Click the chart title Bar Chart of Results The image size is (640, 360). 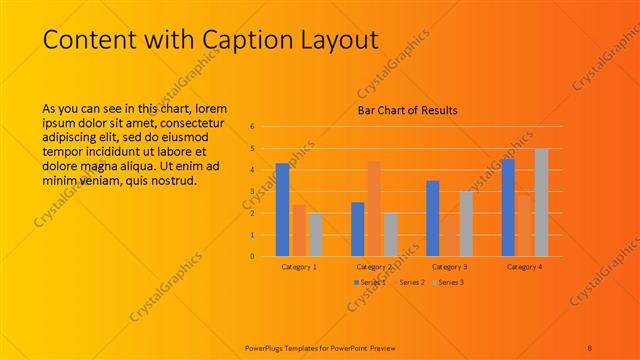(x=407, y=110)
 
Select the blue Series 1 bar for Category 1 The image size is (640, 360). (x=282, y=209)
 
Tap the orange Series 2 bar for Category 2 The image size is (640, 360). (x=374, y=208)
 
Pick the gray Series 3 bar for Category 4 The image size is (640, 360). (x=541, y=202)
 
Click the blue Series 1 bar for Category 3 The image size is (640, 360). (x=433, y=218)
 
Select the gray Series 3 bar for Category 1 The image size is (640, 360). (x=316, y=234)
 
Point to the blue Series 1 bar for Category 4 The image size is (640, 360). (x=508, y=207)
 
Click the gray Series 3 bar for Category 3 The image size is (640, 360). (x=466, y=223)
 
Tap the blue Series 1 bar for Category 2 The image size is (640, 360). (x=357, y=228)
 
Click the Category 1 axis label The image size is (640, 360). (x=299, y=267)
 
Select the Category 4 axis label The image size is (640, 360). (x=524, y=267)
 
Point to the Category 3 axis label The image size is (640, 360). (x=449, y=267)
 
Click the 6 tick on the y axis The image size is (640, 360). (x=253, y=127)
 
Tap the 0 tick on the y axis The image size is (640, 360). (x=253, y=256)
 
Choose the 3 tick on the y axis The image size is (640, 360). (x=253, y=192)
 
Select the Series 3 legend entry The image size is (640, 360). (x=450, y=282)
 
